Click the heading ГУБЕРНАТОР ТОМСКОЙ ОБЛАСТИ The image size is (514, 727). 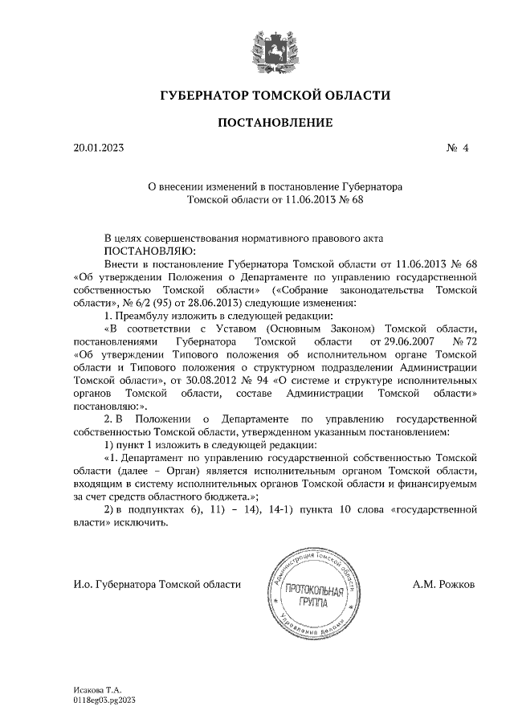[275, 96]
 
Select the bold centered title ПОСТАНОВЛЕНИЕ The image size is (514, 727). [275, 123]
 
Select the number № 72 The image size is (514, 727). [463, 341]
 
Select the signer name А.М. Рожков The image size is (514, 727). [443, 585]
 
